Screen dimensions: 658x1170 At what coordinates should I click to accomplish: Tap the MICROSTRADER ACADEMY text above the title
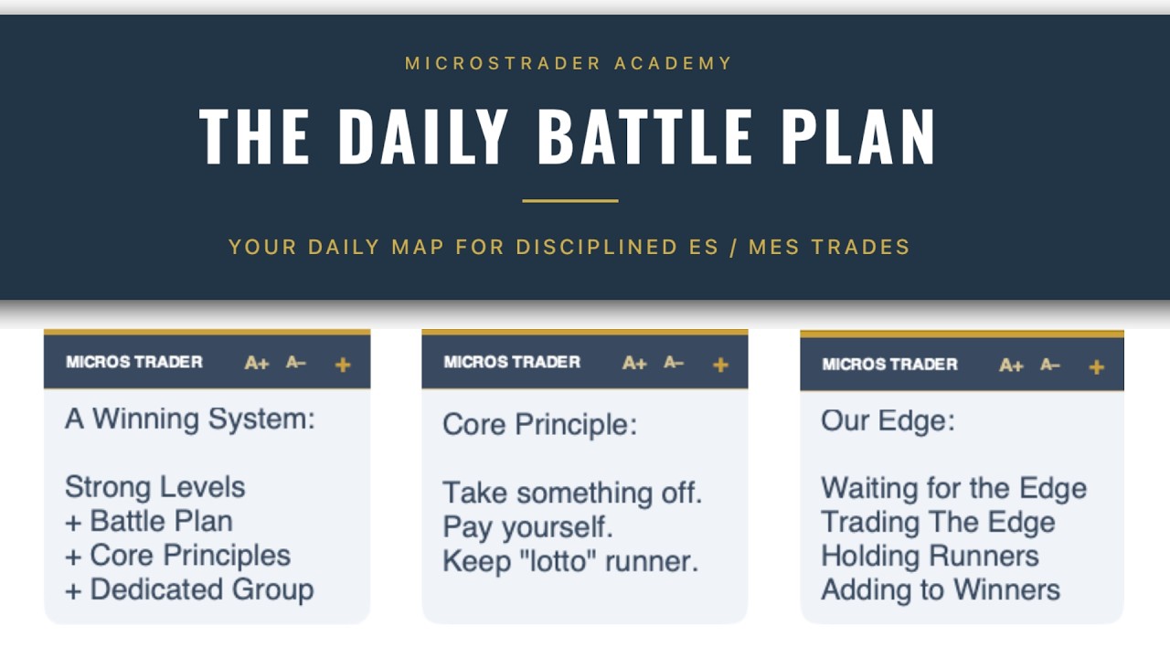point(569,64)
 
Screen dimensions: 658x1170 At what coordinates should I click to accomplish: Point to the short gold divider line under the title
point(570,200)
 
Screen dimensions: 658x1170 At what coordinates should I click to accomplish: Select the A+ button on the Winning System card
point(256,364)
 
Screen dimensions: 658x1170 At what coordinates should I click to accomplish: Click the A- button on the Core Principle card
point(674,363)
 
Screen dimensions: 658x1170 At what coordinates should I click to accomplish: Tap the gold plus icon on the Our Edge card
point(1097,366)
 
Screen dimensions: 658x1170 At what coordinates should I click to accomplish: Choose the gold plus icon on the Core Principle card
point(720,365)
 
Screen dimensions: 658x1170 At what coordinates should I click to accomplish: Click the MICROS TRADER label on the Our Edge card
point(889,365)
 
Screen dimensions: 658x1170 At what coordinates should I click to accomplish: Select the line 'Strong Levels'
point(154,486)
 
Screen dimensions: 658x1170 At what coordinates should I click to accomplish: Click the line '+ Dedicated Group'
point(188,589)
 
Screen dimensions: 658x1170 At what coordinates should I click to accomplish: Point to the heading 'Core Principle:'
point(539,424)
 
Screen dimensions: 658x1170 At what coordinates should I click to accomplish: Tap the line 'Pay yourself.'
point(527,527)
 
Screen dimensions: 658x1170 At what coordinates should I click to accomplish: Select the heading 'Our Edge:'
point(888,419)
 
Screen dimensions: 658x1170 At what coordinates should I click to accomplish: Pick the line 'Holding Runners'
point(930,556)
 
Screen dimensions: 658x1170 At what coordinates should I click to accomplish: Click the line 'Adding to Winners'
point(941,589)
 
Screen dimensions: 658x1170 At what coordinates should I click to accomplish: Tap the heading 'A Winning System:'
point(190,419)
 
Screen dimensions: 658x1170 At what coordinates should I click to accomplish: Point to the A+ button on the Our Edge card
point(1011,366)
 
